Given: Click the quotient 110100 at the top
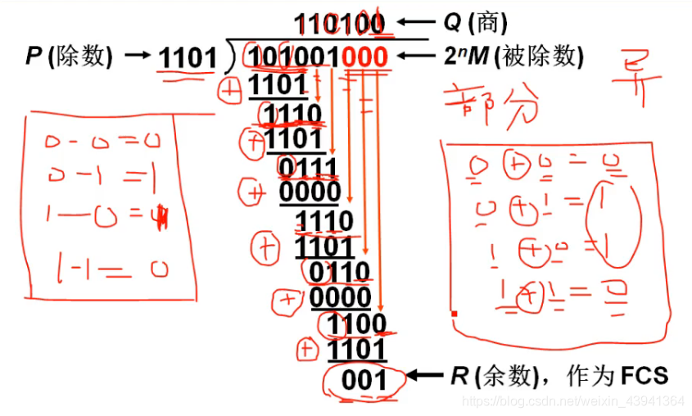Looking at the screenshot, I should pyautogui.click(x=338, y=25).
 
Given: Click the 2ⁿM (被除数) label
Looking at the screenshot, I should pyautogui.click(x=514, y=57).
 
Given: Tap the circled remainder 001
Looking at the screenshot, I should pyautogui.click(x=364, y=380).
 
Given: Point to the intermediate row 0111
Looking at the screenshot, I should pyautogui.click(x=307, y=170).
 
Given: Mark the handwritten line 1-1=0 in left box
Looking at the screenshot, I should pyautogui.click(x=107, y=268).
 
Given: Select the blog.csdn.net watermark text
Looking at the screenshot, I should pyautogui.click(x=572, y=401).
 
